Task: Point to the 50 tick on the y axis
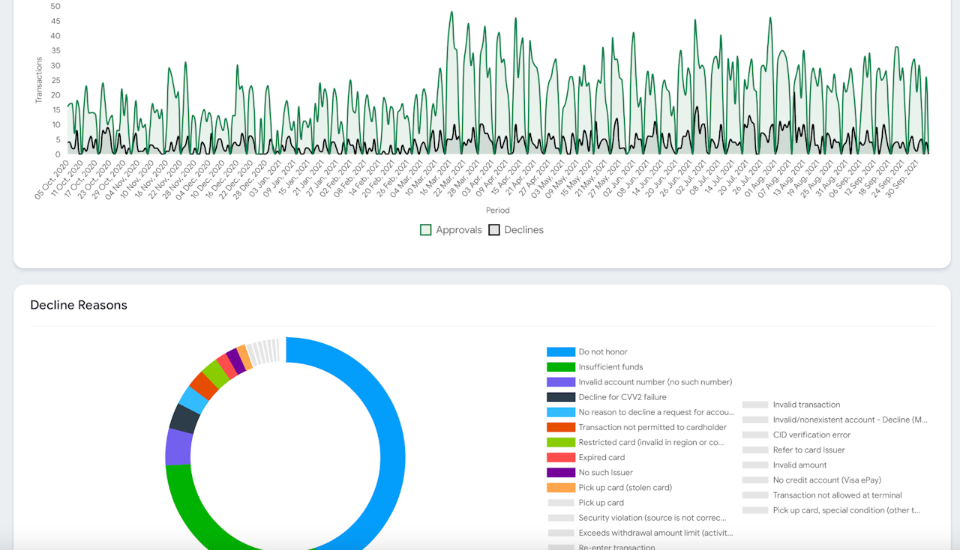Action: point(55,6)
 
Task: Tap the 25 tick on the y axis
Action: point(55,80)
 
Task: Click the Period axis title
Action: point(497,211)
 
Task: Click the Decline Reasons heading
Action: point(79,305)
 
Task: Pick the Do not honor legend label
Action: point(602,351)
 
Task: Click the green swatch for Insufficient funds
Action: point(560,367)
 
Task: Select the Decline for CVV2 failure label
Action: point(622,397)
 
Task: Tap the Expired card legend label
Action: point(601,457)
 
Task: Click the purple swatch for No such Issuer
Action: point(560,473)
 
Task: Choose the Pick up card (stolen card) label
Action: point(625,488)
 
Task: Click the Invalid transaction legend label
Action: point(806,405)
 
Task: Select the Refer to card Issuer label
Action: point(808,450)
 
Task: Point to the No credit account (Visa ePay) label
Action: point(826,480)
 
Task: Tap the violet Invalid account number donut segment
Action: point(178,447)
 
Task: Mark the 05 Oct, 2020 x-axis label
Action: point(52,180)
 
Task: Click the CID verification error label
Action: point(811,435)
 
